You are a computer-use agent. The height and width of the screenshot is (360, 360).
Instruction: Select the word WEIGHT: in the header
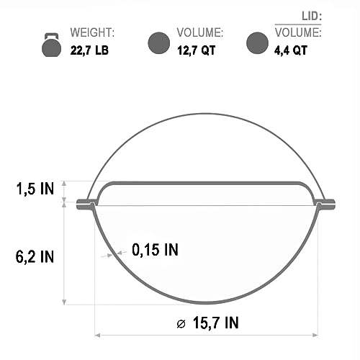(93, 33)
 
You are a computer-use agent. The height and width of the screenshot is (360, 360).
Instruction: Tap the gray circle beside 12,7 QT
(158, 43)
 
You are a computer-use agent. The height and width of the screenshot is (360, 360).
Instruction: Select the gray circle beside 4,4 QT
(257, 43)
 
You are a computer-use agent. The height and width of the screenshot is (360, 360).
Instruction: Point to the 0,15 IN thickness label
(155, 250)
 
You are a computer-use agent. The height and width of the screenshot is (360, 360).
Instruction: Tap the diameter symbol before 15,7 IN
(181, 323)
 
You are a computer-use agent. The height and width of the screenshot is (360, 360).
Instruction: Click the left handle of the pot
(85, 203)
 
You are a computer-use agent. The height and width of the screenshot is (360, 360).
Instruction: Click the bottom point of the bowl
(206, 304)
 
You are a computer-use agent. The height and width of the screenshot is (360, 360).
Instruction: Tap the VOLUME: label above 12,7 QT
(199, 33)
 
